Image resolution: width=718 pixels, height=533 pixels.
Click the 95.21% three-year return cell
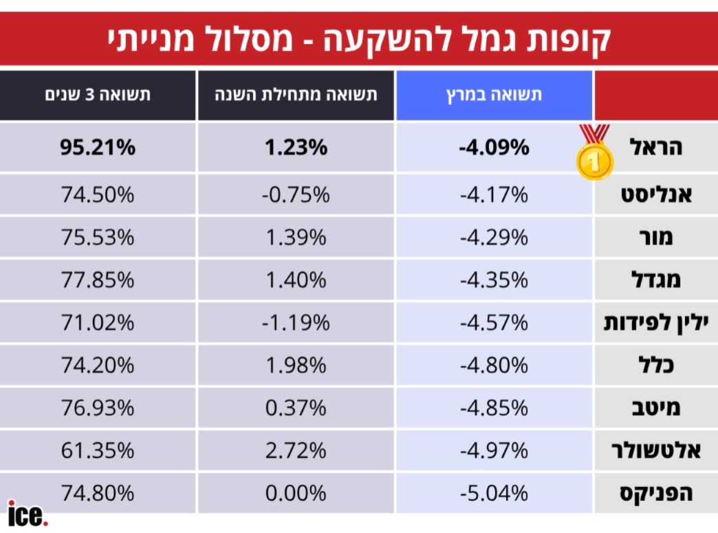point(98,147)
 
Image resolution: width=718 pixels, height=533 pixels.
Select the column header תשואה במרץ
point(494,95)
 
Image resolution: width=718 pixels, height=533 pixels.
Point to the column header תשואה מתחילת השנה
point(296,95)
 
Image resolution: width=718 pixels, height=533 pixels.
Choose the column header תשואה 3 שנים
point(98,95)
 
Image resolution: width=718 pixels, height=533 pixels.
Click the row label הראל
point(656,147)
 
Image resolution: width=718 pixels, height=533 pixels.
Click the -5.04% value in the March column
point(494,493)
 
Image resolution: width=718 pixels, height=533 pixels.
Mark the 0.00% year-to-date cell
point(296,493)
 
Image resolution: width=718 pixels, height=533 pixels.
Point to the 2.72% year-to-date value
point(296,451)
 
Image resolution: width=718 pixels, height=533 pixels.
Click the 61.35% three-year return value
point(98,451)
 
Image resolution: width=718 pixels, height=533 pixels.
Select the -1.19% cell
point(296,322)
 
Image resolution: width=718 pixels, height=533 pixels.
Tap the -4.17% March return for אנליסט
point(494,195)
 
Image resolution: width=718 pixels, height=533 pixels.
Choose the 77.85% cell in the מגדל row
point(98,280)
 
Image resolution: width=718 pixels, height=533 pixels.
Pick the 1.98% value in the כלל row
point(296,365)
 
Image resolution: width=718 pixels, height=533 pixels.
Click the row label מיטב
point(656,408)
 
